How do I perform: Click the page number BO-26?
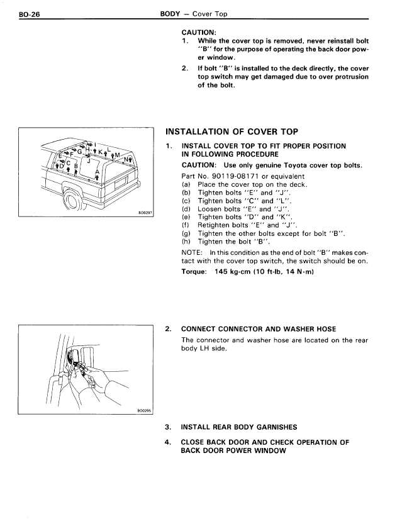point(29,14)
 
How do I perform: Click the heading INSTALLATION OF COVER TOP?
point(232,131)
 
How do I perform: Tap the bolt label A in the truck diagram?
point(98,172)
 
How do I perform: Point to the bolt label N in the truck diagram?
point(126,159)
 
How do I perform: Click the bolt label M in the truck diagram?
point(117,155)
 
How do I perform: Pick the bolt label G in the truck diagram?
point(79,152)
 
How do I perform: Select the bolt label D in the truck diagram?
point(62,165)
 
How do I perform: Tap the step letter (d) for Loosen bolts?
point(186,209)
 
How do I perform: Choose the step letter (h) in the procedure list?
point(186,242)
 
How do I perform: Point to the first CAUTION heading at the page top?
point(199,33)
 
